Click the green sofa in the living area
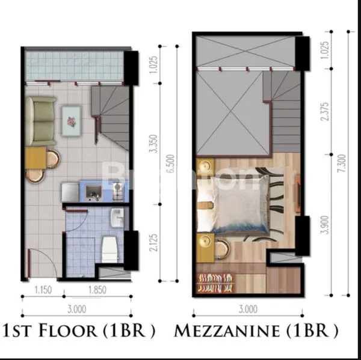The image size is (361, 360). pos(41,117)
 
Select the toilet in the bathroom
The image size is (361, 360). pos(110,249)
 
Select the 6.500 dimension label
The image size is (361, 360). pos(173,162)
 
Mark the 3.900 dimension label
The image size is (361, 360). pos(326,222)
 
